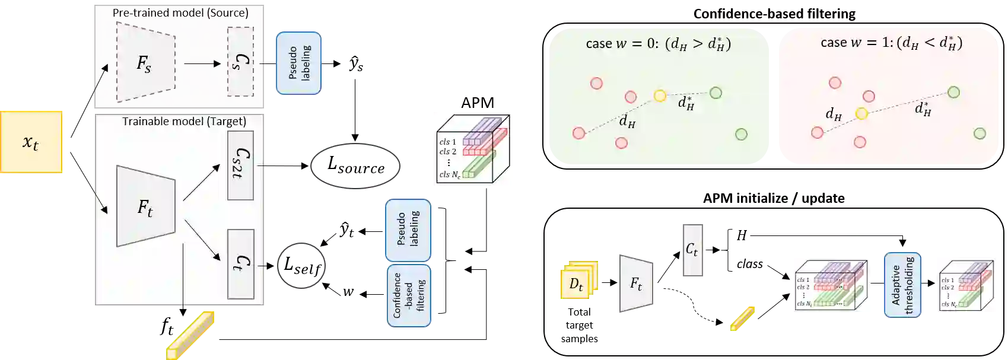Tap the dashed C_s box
[240, 62]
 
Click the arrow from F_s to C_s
[202, 63]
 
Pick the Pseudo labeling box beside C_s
[298, 62]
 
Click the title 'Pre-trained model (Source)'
[180, 12]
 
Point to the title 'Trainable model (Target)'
[184, 122]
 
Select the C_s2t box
[240, 165]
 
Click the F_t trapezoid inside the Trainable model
[146, 206]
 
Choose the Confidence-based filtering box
[408, 295]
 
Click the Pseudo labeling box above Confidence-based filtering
[408, 230]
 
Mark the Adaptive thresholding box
[902, 284]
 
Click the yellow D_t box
[577, 282]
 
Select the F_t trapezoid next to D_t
[636, 283]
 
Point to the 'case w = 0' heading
[657, 43]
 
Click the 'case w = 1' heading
[891, 43]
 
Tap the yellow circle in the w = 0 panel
[660, 95]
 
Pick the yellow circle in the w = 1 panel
[861, 113]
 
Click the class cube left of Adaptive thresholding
[832, 285]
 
